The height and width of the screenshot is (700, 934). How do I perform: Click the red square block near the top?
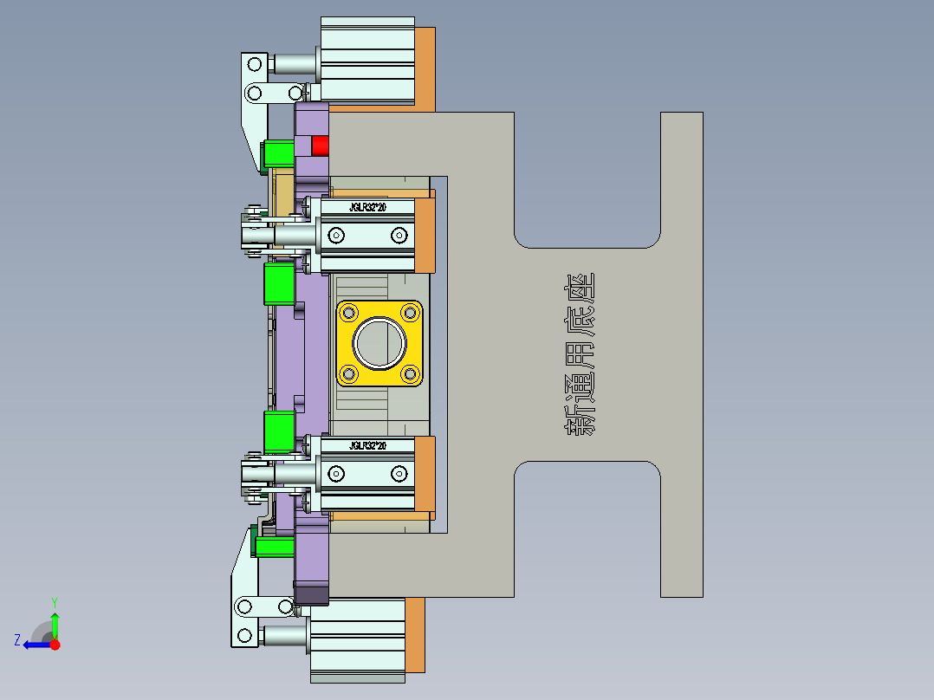pyautogui.click(x=321, y=145)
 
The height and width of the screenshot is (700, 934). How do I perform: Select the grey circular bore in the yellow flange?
pyautogui.click(x=379, y=343)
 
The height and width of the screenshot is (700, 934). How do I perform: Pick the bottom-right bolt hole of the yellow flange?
pyautogui.click(x=409, y=374)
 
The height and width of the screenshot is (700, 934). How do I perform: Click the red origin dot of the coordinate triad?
pyautogui.click(x=55, y=645)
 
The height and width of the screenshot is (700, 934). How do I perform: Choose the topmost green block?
pyautogui.click(x=278, y=154)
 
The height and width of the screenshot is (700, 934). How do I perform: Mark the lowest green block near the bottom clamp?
pyautogui.click(x=274, y=547)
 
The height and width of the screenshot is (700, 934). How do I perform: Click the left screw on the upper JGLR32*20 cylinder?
pyautogui.click(x=336, y=236)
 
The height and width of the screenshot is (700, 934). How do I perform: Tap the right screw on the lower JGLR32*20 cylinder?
pyautogui.click(x=399, y=473)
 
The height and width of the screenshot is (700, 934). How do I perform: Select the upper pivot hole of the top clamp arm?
pyautogui.click(x=255, y=63)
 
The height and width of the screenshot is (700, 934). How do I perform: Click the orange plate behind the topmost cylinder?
pyautogui.click(x=425, y=68)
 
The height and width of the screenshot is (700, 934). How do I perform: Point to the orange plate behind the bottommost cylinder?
pyautogui.click(x=415, y=634)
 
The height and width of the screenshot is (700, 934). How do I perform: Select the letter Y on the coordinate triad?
pyautogui.click(x=55, y=601)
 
